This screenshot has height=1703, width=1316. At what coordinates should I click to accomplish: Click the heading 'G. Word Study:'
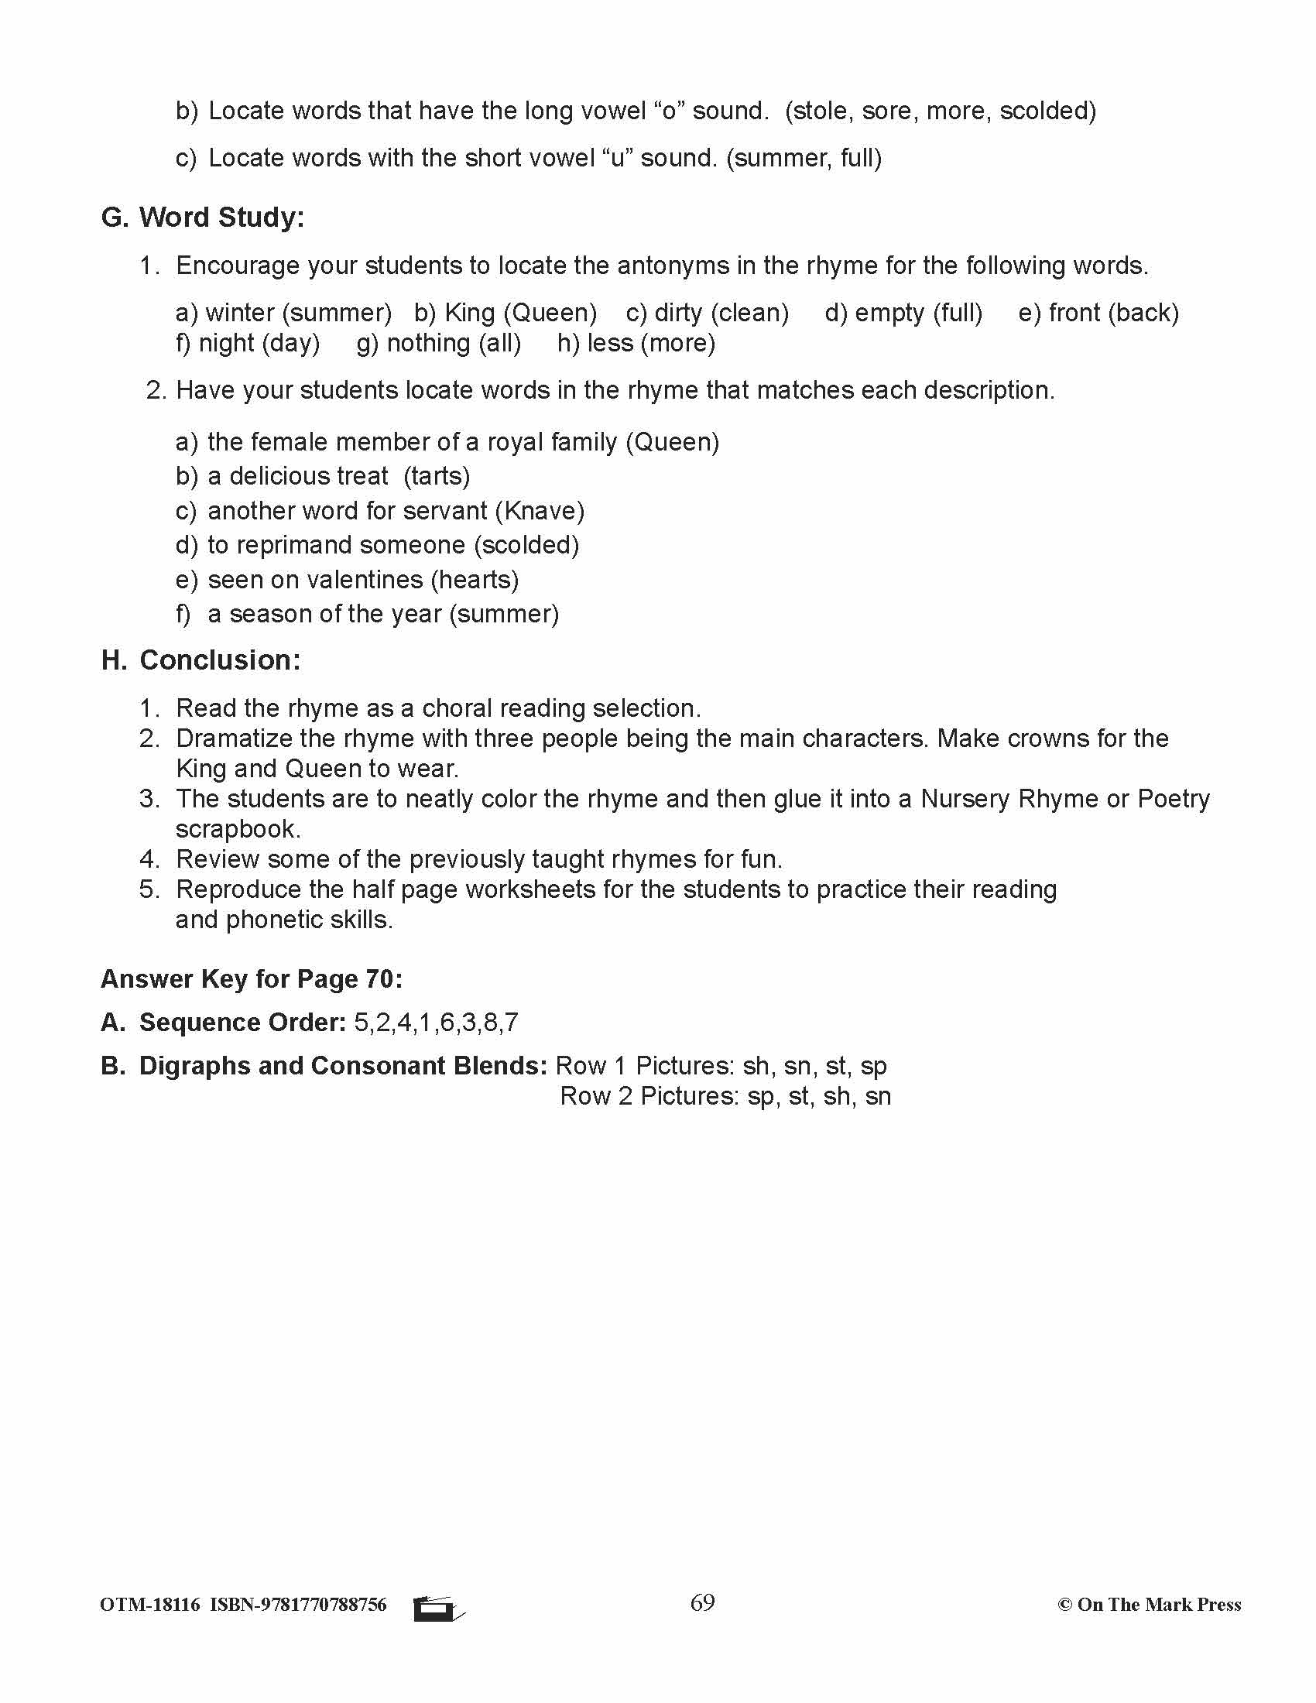[202, 218]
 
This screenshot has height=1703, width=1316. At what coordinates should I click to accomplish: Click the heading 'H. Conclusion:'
[200, 660]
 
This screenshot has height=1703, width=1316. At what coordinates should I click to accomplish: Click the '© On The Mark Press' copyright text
[1148, 1605]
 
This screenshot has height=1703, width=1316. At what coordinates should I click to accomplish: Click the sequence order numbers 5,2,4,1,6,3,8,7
[436, 1023]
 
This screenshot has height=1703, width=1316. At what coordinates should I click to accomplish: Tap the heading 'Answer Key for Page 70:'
[251, 979]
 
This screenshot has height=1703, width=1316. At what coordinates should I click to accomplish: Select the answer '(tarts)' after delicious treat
[437, 476]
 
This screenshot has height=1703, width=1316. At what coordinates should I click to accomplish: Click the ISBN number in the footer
[298, 1605]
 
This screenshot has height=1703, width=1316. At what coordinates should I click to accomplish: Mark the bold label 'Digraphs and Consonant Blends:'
[343, 1066]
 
